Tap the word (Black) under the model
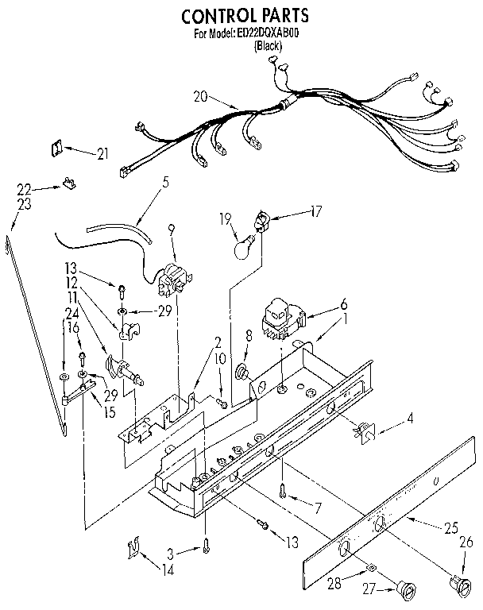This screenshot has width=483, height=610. point(268,46)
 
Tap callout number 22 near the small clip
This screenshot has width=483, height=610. point(25,188)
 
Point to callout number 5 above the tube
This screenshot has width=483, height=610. point(165,182)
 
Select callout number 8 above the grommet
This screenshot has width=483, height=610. point(248,336)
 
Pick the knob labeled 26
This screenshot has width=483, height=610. point(457,585)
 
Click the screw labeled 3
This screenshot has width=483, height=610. point(206,547)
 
